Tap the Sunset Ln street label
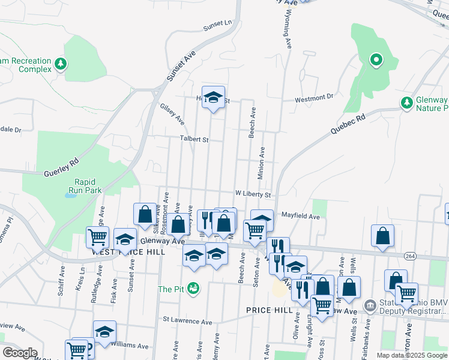(x=217, y=25)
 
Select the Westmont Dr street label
(x=313, y=97)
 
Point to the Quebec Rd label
(x=348, y=125)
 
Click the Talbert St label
(x=194, y=139)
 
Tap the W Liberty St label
(x=253, y=194)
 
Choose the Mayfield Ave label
(x=301, y=215)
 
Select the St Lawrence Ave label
(x=188, y=321)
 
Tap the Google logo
(x=19, y=352)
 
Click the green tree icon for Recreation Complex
(x=59, y=63)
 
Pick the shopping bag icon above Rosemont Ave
(x=145, y=213)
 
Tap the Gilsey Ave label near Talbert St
(x=172, y=112)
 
